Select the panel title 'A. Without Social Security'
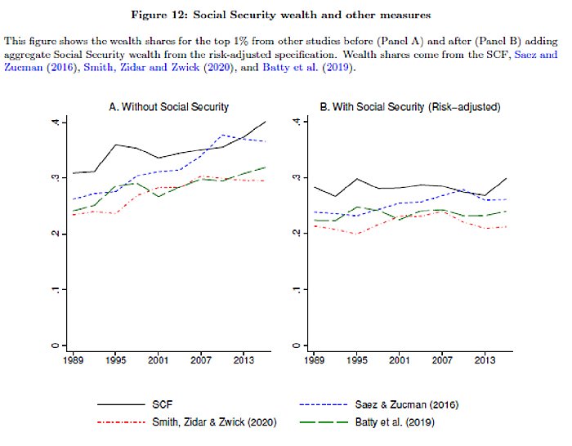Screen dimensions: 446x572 168,107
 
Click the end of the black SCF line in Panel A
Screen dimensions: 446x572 266,122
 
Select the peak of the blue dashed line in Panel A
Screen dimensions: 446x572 222,135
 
